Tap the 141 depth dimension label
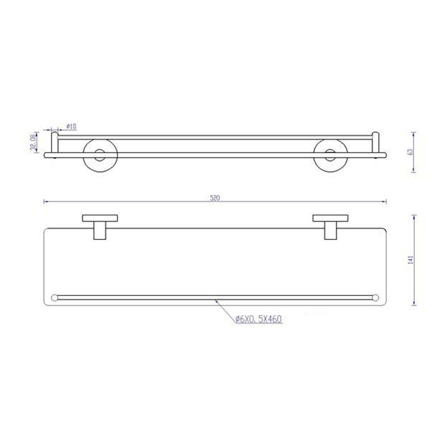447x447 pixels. [410, 260]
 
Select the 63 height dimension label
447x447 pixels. [410, 152]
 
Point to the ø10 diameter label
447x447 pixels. [71, 127]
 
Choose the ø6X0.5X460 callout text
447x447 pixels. [259, 319]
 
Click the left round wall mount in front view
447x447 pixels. [100, 155]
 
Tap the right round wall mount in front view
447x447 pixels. [330, 155]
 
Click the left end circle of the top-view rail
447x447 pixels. [55, 298]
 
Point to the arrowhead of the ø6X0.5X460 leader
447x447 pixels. [217, 301]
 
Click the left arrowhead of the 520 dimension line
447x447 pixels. [45, 202]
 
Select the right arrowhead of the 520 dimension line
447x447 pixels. [385, 202]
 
